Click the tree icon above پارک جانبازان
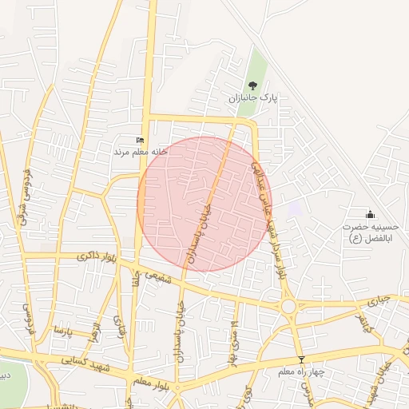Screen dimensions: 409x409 [253, 85]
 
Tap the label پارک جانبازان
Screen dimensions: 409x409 [252, 98]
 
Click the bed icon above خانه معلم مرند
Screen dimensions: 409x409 [141, 140]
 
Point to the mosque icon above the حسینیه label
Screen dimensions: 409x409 [369, 214]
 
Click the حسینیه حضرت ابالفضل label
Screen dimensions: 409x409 [369, 232]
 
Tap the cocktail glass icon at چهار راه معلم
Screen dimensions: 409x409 [301, 360]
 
